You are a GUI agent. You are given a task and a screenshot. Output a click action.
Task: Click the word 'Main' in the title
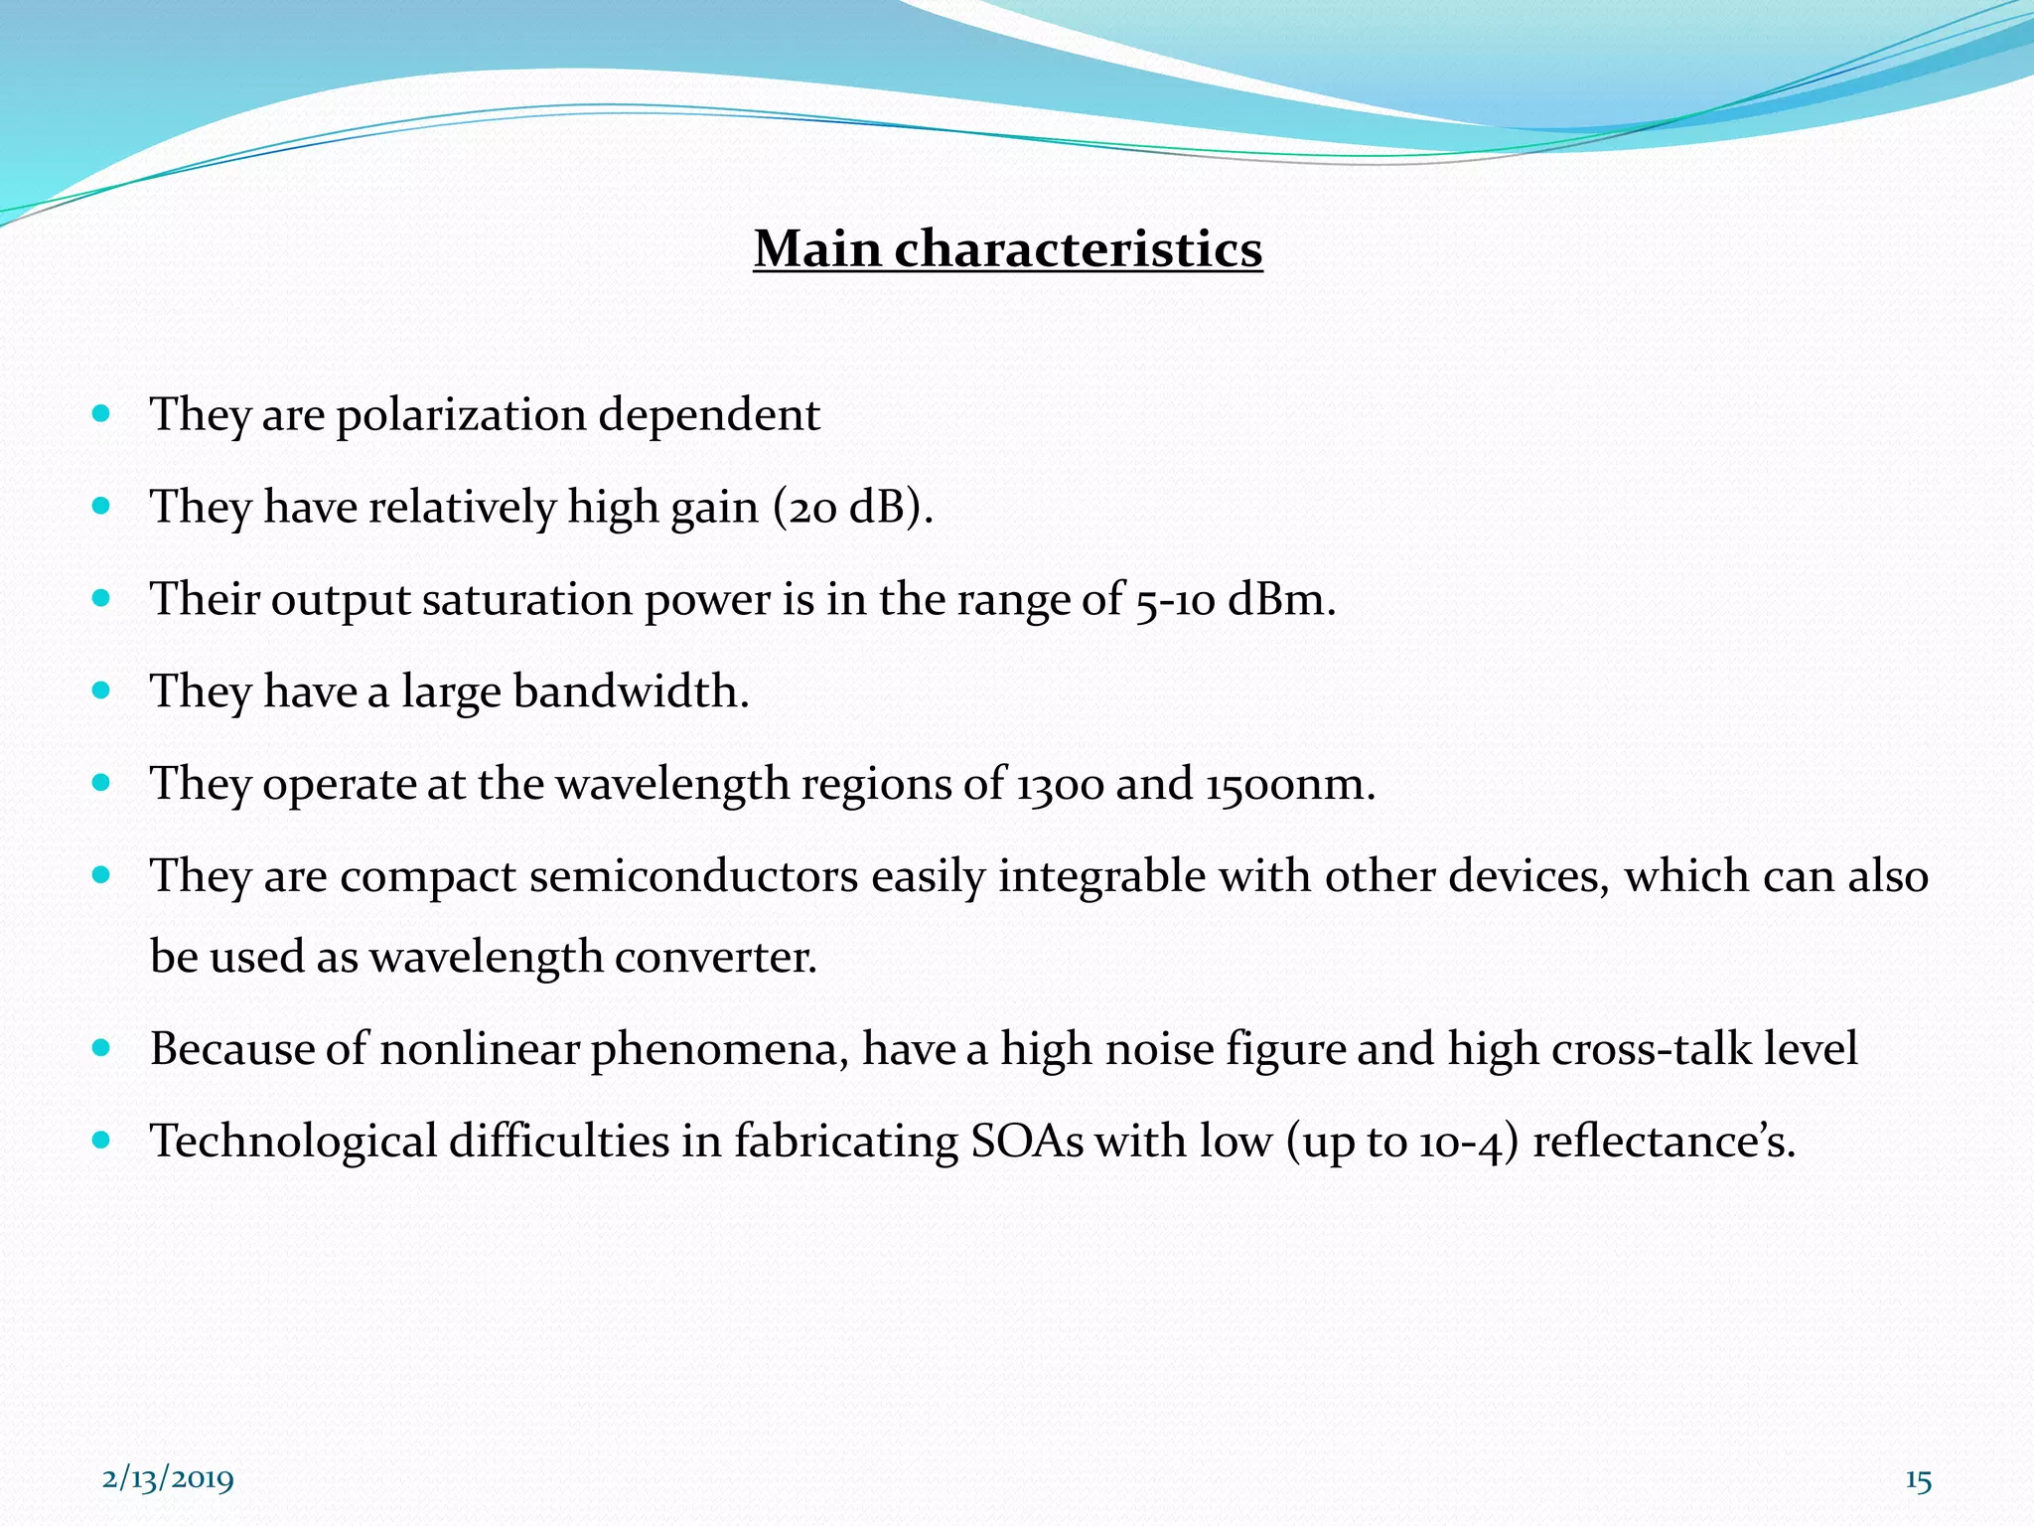(x=816, y=248)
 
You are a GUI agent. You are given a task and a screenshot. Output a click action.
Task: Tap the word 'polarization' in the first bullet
(x=461, y=415)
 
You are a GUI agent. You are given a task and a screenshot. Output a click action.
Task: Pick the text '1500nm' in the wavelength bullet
(x=1289, y=784)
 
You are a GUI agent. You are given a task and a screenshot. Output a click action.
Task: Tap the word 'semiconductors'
(x=693, y=876)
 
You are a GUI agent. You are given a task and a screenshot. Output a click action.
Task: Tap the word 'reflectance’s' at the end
(x=1663, y=1142)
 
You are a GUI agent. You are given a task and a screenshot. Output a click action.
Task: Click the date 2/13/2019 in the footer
(x=168, y=1479)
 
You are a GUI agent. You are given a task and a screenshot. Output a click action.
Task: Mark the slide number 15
(x=1918, y=1481)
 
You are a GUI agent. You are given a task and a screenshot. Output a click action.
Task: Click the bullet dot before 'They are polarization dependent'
(x=100, y=413)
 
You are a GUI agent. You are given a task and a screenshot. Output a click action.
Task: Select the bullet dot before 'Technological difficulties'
(x=100, y=1140)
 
